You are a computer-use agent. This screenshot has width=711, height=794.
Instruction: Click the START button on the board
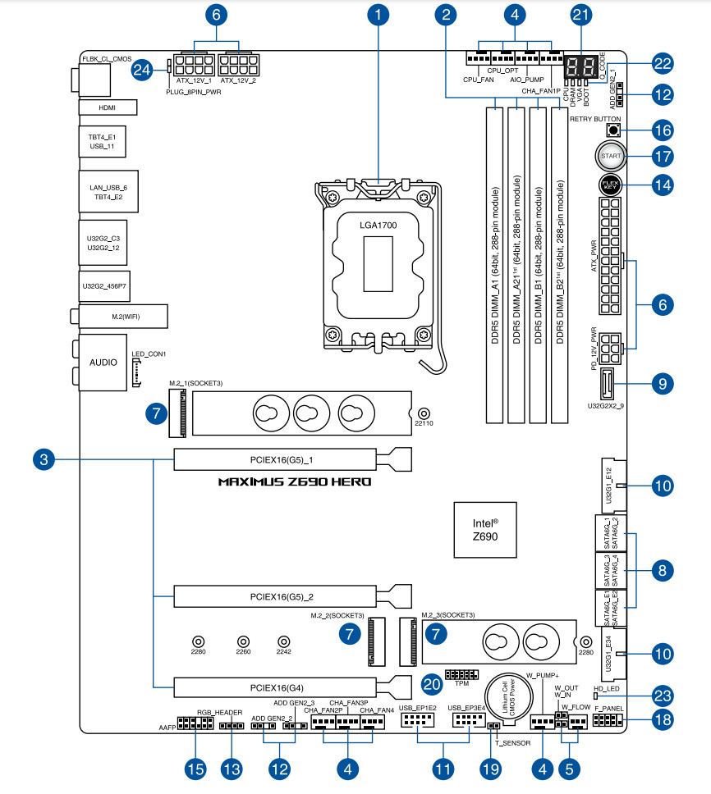tap(608, 156)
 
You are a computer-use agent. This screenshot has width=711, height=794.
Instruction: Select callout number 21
tap(581, 16)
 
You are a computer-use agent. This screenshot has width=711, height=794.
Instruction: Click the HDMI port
tap(108, 107)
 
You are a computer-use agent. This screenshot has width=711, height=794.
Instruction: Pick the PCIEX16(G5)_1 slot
tap(274, 459)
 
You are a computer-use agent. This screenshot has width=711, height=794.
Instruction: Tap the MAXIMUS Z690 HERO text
tap(295, 481)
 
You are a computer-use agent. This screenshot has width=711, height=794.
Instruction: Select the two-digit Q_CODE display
tap(581, 68)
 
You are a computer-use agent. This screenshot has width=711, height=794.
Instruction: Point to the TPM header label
tap(461, 682)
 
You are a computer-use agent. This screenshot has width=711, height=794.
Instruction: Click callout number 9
tap(662, 381)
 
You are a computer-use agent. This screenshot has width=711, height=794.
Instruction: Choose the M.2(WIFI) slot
tap(122, 317)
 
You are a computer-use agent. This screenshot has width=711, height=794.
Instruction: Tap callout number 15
tap(195, 769)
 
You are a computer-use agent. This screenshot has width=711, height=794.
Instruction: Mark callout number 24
tap(144, 71)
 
